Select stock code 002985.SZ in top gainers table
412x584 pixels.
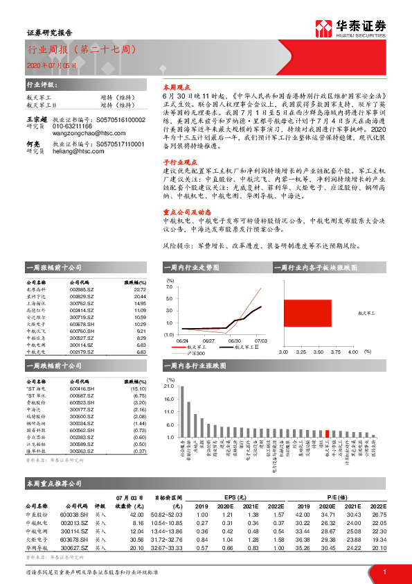tap(84, 289)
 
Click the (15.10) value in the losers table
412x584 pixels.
tap(138, 389)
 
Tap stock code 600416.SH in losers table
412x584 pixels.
tap(84, 389)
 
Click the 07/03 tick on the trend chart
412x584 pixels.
tap(260, 341)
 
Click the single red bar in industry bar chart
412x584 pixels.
tap(326, 432)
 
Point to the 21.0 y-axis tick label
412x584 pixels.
tap(170, 386)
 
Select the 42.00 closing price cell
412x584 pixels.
tap(136, 514)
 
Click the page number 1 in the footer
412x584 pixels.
tap(384, 572)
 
